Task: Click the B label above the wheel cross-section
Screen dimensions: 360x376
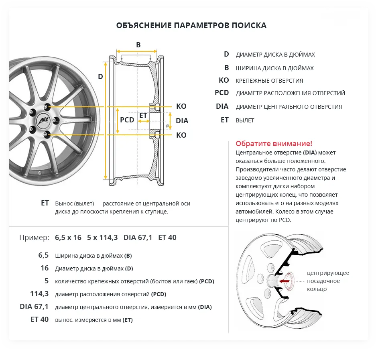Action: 138,45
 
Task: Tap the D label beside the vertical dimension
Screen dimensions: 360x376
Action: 101,76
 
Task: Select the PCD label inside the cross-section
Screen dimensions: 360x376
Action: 127,120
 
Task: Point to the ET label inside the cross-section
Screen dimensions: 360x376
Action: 143,116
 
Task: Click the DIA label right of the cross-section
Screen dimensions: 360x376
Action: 182,121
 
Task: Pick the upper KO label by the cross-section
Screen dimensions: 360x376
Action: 181,106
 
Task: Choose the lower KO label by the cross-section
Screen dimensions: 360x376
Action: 181,135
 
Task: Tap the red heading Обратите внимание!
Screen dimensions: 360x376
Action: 274,144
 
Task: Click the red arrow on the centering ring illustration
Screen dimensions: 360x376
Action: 284,281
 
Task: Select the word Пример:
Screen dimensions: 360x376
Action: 34,238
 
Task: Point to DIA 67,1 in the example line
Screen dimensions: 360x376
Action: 138,238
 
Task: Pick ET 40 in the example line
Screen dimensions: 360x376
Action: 167,238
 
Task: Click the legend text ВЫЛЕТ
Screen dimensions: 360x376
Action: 245,120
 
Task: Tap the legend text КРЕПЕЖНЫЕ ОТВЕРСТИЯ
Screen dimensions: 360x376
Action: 269,81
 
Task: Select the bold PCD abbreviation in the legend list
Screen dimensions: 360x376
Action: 222,93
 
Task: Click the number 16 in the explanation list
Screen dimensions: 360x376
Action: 44,268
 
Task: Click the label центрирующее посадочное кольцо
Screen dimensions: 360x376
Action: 328,281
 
